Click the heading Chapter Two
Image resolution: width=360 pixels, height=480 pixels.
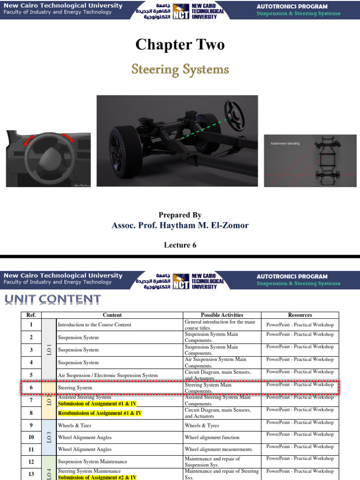[x=180, y=45]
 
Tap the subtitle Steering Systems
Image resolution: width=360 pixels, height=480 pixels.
[x=180, y=70]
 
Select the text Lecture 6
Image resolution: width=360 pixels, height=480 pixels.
[x=180, y=245]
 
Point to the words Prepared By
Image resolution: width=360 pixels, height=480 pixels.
[x=180, y=215]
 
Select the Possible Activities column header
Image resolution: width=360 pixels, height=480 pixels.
[x=222, y=315]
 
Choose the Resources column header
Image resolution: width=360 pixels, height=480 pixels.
[x=300, y=315]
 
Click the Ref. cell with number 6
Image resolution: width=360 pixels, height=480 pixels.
[x=31, y=388]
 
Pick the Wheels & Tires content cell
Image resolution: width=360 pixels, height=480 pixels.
[x=75, y=426]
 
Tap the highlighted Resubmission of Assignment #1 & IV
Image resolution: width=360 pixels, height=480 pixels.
[x=99, y=413]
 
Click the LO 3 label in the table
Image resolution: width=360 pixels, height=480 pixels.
[x=49, y=437]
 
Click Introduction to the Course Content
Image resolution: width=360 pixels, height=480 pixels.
[x=94, y=324]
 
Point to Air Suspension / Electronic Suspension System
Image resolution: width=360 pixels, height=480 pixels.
[x=107, y=375]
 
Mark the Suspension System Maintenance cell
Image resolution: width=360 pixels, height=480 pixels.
[x=92, y=462]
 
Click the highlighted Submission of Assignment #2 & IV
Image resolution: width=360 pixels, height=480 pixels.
[x=97, y=477]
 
